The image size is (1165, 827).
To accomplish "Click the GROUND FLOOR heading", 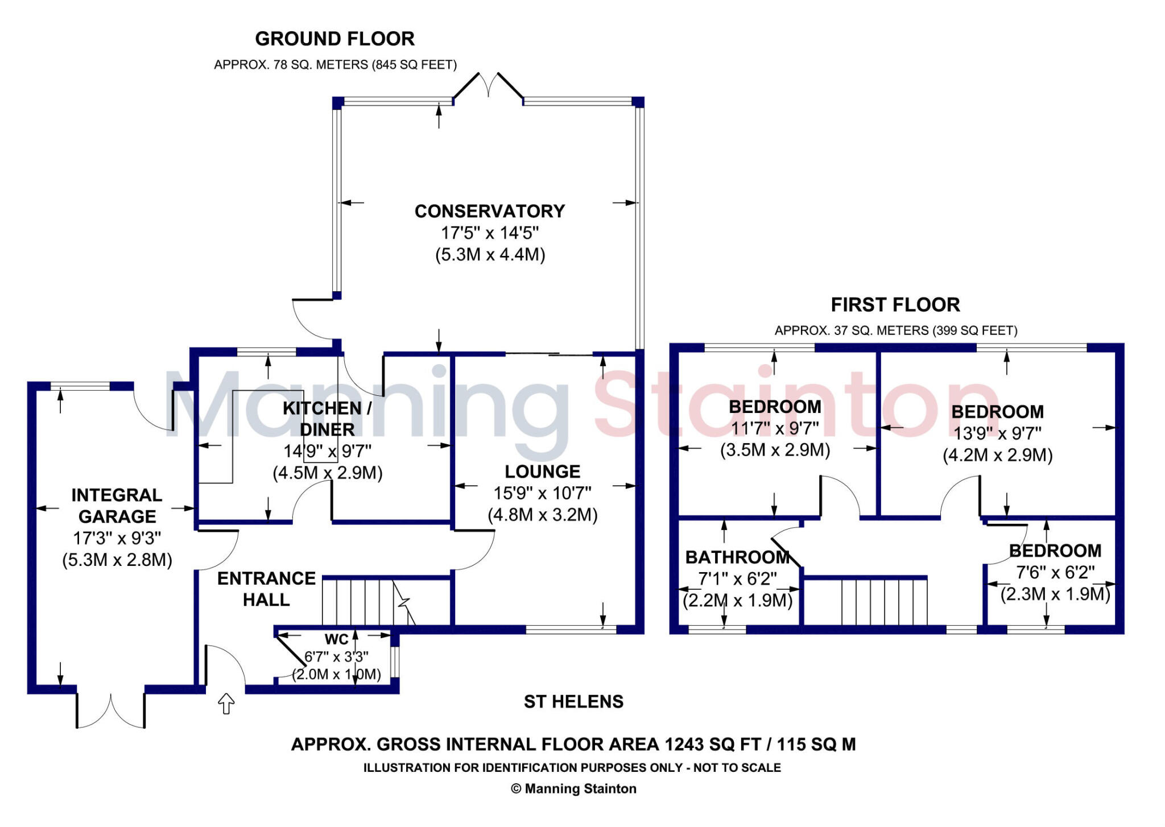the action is pyautogui.click(x=334, y=39).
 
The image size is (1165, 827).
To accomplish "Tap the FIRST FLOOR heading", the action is pyautogui.click(x=895, y=305).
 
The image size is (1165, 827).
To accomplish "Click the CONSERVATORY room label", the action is pyautogui.click(x=489, y=211).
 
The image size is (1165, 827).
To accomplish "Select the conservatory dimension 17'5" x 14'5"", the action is pyautogui.click(x=489, y=233).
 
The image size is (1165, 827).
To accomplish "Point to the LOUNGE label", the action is pyautogui.click(x=542, y=472).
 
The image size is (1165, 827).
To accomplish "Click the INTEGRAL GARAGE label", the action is pyautogui.click(x=117, y=506).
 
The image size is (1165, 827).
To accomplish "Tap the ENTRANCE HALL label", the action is pyautogui.click(x=266, y=589).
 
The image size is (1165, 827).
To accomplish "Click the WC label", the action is pyautogui.click(x=336, y=639).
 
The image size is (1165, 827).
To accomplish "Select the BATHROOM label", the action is pyautogui.click(x=737, y=557).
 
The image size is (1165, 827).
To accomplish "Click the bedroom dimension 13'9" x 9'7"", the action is pyautogui.click(x=997, y=433).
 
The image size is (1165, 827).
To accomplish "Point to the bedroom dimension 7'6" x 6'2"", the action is pyautogui.click(x=1055, y=572).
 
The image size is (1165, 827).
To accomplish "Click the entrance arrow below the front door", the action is pyautogui.click(x=226, y=704).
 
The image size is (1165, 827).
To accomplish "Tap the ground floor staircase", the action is pyautogui.click(x=364, y=602).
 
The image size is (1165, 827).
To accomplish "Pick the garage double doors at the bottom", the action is pyautogui.click(x=110, y=711).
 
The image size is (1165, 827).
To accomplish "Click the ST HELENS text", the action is pyautogui.click(x=573, y=702).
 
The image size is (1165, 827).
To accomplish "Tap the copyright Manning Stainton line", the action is pyautogui.click(x=573, y=789).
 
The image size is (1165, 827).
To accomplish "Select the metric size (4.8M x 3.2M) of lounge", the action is pyautogui.click(x=542, y=515).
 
